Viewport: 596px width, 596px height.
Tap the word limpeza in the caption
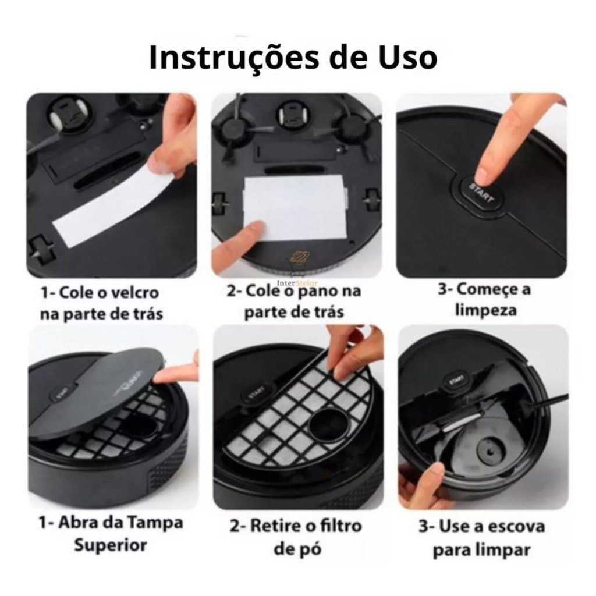tap(486, 310)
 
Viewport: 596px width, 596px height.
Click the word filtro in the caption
tap(340, 526)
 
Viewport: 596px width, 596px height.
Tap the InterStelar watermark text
tap(297, 283)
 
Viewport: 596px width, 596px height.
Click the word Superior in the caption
tap(110, 545)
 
